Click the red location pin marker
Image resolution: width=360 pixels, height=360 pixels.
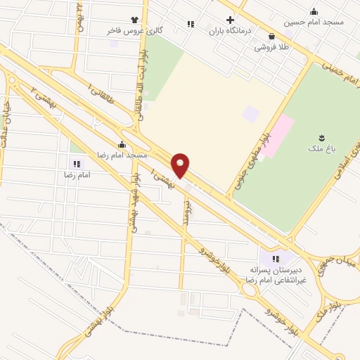[181, 165]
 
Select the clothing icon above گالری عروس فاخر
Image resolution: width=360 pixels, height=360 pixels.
[134, 20]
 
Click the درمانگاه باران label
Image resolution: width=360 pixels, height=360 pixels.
[229, 31]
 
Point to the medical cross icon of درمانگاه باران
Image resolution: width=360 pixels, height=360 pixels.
[229, 20]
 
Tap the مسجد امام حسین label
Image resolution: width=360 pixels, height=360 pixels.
[314, 22]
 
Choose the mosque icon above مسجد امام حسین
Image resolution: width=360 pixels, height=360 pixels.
[314, 11]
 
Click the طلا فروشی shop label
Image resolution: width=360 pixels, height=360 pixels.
[272, 46]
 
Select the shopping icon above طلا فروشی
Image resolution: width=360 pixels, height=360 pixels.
[272, 36]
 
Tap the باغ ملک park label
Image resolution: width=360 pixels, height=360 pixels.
[321, 148]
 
